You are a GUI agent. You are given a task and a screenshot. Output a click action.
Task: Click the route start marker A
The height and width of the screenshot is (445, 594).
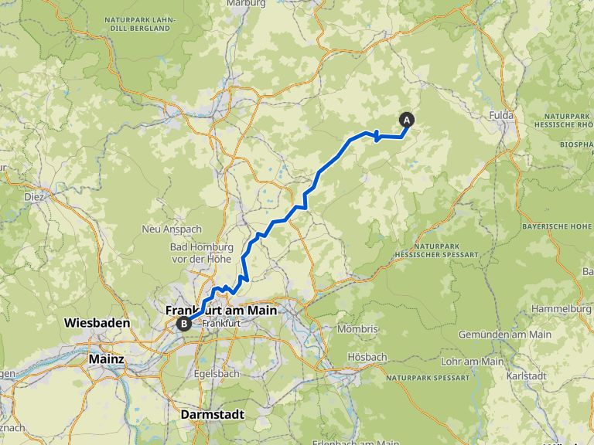coord(406,120)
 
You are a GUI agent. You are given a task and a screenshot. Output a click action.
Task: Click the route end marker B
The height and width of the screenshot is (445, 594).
coord(183,324)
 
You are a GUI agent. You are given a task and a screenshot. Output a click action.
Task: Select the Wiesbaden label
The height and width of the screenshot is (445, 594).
coord(97,322)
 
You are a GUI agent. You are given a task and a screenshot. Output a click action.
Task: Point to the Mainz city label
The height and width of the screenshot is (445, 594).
coord(107,359)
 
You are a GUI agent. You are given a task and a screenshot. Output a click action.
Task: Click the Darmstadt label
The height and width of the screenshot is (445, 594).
coord(212,415)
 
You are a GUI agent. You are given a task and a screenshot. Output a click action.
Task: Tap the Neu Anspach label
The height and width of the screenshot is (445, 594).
coord(161,229)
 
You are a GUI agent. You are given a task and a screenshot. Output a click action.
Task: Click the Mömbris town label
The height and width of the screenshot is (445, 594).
coord(358,329)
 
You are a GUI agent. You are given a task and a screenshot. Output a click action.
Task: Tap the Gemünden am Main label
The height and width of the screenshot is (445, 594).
coord(504,335)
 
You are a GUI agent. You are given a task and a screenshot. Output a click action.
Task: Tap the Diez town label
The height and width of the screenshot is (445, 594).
coord(34,196)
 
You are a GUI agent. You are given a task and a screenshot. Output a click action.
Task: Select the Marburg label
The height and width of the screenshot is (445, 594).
coord(247,3)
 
